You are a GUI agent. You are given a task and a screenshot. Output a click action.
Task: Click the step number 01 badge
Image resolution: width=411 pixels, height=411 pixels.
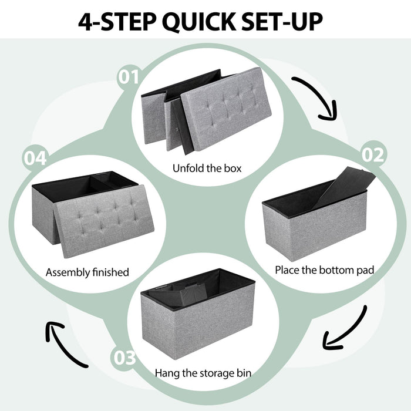click(x=130, y=77)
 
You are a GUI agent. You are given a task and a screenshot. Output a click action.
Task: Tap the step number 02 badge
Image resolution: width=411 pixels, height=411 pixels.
click(x=373, y=154)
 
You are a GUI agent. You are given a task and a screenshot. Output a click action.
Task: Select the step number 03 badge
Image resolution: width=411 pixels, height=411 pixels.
click(x=124, y=358)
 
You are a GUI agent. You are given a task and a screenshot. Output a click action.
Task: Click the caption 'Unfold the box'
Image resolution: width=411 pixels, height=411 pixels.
click(x=207, y=169)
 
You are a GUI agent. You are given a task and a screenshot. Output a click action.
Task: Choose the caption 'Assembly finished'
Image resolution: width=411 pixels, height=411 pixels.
click(x=87, y=272)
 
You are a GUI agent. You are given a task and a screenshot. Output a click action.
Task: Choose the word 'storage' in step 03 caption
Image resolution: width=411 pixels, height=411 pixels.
click(x=214, y=372)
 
